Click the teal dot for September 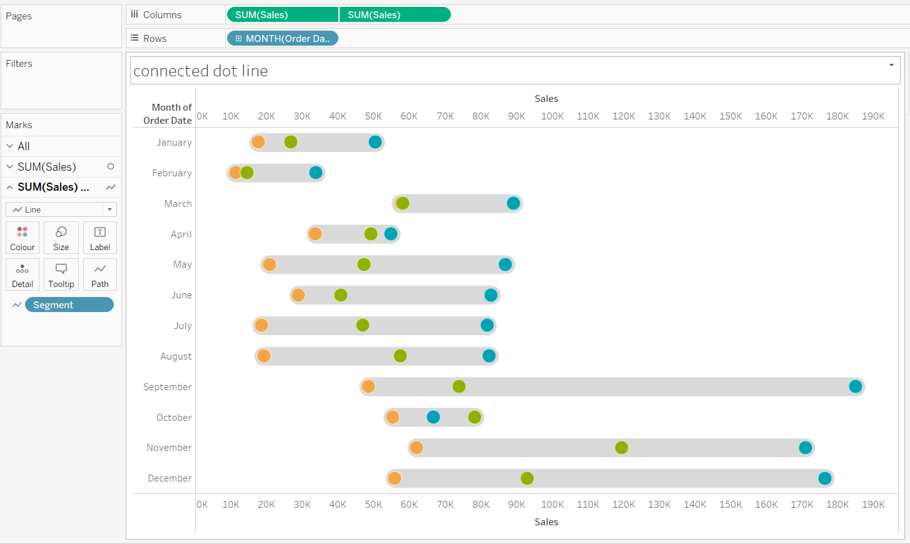coord(855,386)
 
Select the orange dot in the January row coord(258,142)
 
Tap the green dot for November coord(621,448)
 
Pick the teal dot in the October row coord(433,417)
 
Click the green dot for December coord(527,478)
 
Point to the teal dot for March coord(513,203)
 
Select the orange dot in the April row coord(315,234)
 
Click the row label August coord(176,356)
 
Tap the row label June coord(181,295)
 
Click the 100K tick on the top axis coord(552,116)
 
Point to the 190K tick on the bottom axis coord(873,505)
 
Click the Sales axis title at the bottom coord(546,522)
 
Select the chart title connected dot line coord(201,71)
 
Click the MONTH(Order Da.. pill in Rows coord(283,39)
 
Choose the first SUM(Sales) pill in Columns coord(282,15)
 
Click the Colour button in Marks coord(23,238)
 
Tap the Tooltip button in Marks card coord(61,275)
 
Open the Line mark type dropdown coord(61,209)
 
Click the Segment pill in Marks coord(69,305)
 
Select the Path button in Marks coord(100,275)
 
